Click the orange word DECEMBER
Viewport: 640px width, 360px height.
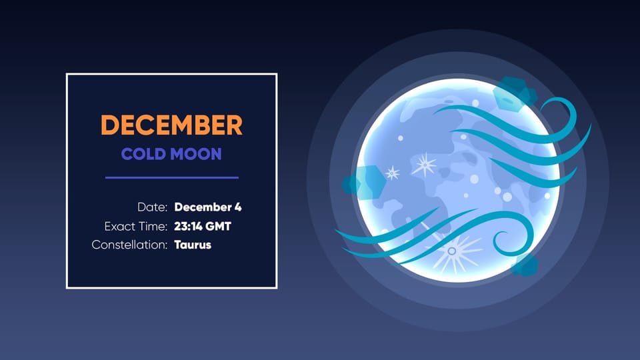coord(171,125)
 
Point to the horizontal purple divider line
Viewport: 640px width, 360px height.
coord(171,177)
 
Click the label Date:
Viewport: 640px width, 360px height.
coord(152,207)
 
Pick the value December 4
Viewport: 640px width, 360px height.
coord(207,207)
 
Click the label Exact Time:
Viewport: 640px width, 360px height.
coord(135,227)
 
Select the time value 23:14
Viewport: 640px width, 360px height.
coord(187,227)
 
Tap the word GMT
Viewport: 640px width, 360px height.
coord(218,227)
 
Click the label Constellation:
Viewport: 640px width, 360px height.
coord(129,245)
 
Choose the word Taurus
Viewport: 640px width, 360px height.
coord(193,245)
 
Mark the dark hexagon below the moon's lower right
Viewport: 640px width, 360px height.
coord(525,265)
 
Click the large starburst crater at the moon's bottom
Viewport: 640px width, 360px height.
coord(452,251)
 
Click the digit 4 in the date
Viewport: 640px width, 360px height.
coord(238,207)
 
